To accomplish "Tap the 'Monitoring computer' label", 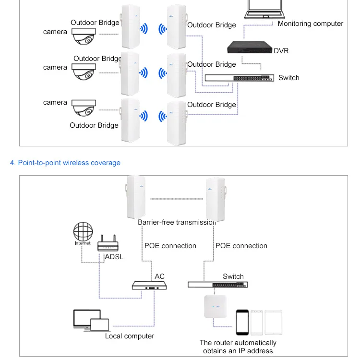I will coord(310,24).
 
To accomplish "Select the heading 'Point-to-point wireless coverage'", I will coord(65,163).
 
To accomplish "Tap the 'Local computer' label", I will coord(130,336).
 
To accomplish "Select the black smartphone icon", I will coord(242,322).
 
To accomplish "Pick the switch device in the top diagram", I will coord(240,78).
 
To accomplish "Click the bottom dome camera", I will coord(84,108).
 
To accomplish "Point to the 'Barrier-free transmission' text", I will coord(177,222).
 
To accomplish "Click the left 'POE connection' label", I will coord(170,246).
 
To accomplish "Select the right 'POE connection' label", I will coord(241,246).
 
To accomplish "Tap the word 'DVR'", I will coord(281,51).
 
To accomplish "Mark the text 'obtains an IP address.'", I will coord(238,351).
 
